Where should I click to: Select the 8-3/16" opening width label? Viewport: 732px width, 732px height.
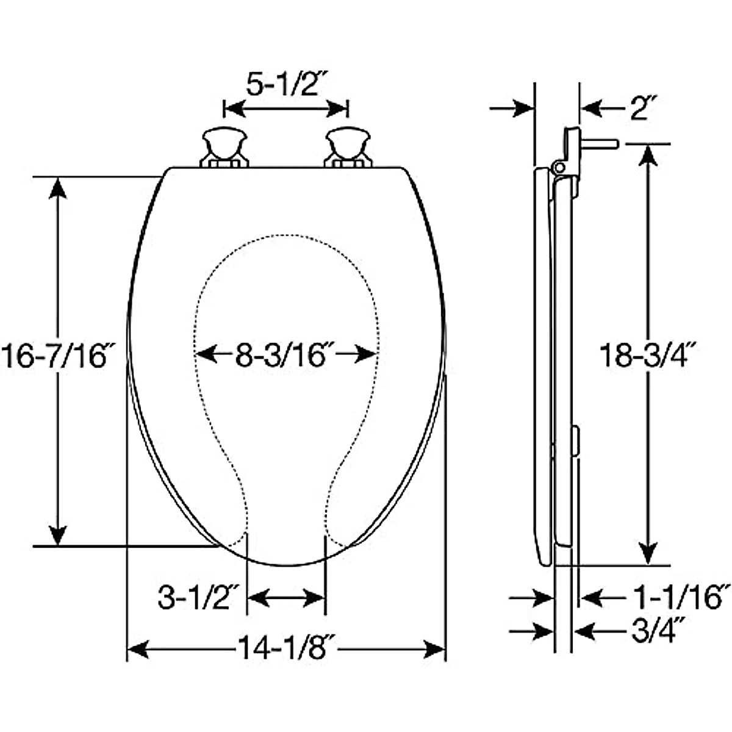click(285, 355)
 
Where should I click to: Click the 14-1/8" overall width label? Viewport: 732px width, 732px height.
click(285, 648)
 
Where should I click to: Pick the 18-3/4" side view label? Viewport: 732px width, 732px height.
click(648, 355)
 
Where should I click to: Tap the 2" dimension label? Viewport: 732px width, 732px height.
click(640, 110)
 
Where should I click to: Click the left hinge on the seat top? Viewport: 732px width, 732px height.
click(224, 148)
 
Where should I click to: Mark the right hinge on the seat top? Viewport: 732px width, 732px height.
click(348, 148)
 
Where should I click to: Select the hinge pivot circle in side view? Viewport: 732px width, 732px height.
click(557, 167)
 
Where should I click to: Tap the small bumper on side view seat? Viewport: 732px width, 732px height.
click(575, 442)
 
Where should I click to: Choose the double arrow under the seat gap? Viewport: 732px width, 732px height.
click(286, 598)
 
